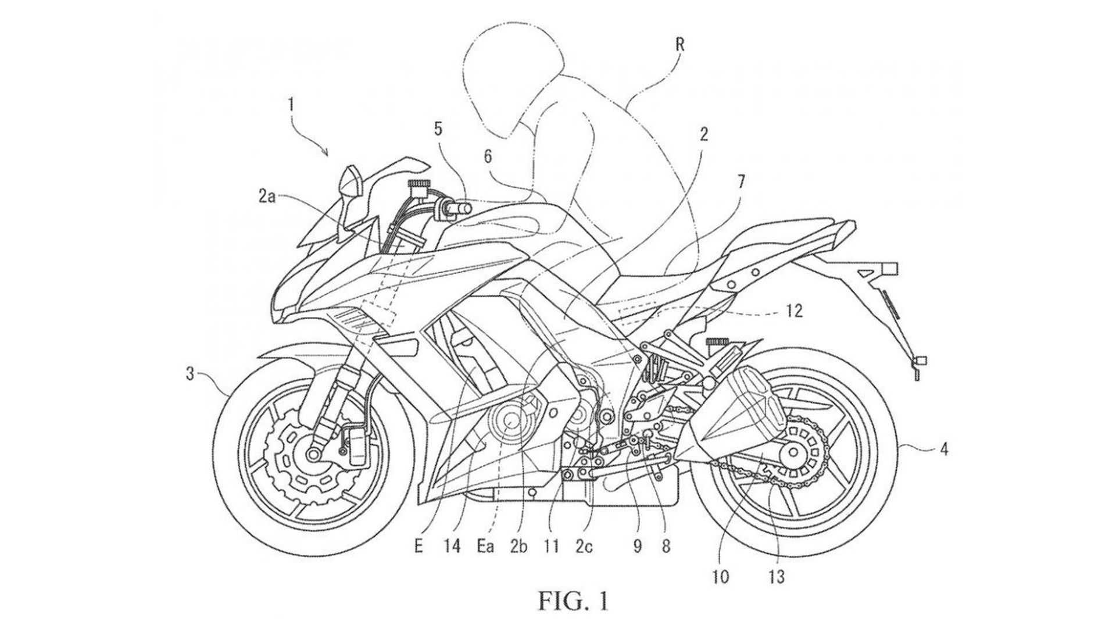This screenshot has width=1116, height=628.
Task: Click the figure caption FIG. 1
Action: coord(573,600)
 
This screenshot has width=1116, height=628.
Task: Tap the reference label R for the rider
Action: coord(680,45)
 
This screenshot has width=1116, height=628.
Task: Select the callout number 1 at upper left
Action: coord(291,106)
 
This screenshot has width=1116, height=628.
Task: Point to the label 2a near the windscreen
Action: coord(267,197)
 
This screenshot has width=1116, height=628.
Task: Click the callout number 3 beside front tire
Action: coord(190,374)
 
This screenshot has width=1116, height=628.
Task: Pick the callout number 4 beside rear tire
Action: coord(944,449)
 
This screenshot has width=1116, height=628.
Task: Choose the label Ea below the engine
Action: coord(485,547)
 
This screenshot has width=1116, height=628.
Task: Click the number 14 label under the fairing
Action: coord(452,546)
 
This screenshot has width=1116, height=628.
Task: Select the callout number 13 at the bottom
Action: coord(777,576)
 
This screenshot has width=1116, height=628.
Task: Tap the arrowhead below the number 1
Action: coord(327,154)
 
